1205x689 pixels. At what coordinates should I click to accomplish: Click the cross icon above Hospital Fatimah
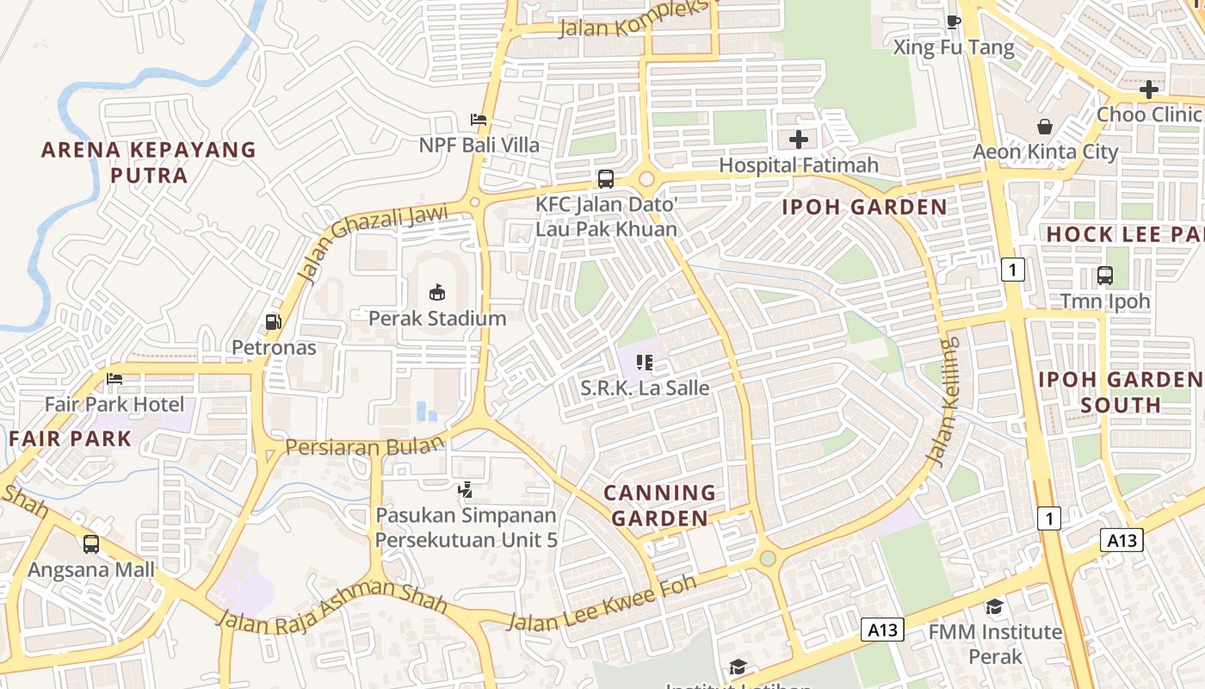point(799,139)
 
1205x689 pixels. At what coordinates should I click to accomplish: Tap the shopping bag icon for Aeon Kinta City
point(1045,127)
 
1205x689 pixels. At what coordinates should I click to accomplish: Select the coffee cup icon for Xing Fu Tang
point(953,22)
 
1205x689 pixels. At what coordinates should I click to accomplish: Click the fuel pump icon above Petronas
point(273,322)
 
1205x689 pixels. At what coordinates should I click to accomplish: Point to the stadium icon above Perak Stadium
point(437,292)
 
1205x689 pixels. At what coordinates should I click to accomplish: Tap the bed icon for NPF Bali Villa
point(479,120)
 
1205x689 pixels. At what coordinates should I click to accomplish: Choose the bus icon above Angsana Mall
point(91,544)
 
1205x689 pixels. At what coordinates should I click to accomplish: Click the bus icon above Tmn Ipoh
point(1104,276)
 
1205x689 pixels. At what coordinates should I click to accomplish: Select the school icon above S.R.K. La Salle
point(644,363)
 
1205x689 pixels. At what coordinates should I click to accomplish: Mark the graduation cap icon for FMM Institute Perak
point(995,606)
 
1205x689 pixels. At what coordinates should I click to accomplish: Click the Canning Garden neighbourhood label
point(659,506)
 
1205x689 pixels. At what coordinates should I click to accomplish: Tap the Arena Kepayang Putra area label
point(149,162)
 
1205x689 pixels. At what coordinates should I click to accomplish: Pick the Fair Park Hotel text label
point(114,404)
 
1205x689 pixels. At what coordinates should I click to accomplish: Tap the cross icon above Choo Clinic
point(1149,90)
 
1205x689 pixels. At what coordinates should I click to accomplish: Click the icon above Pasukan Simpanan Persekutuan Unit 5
point(466,490)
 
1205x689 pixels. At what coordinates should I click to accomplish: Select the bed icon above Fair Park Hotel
point(114,379)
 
